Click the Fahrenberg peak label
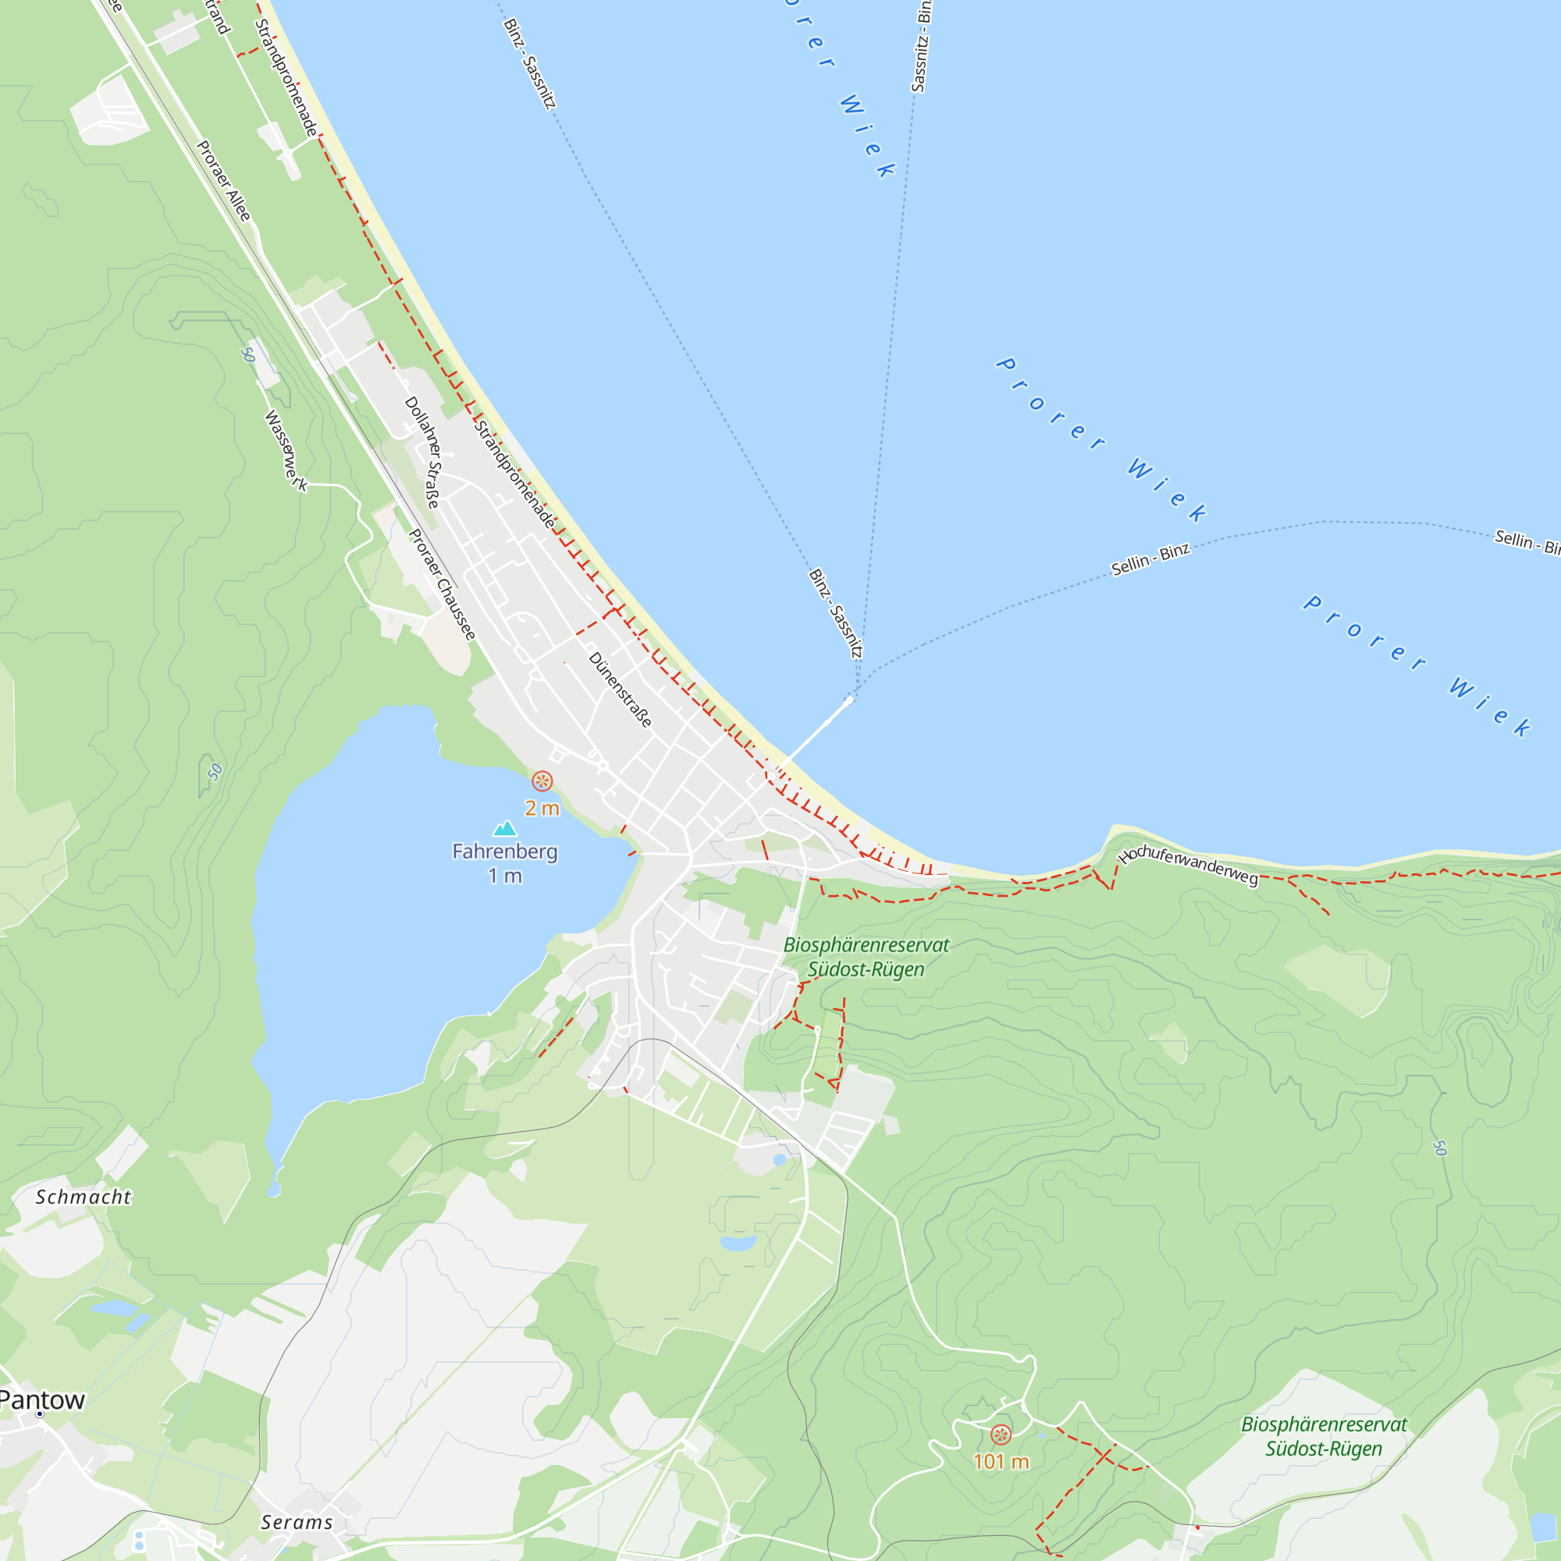pyautogui.click(x=504, y=852)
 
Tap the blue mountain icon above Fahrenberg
pyautogui.click(x=505, y=828)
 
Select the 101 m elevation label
pyautogui.click(x=1001, y=1461)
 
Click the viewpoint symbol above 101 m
pyautogui.click(x=1001, y=1435)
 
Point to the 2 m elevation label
pyautogui.click(x=542, y=808)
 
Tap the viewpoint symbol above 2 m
pyautogui.click(x=542, y=781)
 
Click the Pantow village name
pyautogui.click(x=42, y=1399)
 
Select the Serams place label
pyautogui.click(x=297, y=1522)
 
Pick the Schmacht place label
pyautogui.click(x=84, y=1197)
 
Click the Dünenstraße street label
pyautogui.click(x=620, y=689)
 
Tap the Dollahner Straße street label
pyautogui.click(x=422, y=452)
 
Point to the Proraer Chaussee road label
pyautogui.click(x=442, y=584)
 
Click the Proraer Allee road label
pyautogui.click(x=224, y=181)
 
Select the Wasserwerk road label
pyautogui.click(x=286, y=451)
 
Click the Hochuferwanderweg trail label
pyautogui.click(x=1189, y=866)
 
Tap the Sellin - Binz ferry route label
pyautogui.click(x=1150, y=559)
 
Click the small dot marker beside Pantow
pyautogui.click(x=39, y=1414)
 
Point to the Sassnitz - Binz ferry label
pyautogui.click(x=921, y=47)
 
